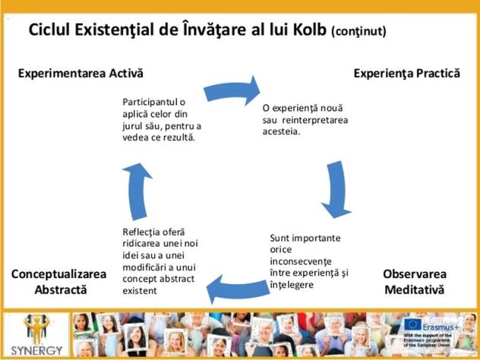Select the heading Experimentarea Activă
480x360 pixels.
81,73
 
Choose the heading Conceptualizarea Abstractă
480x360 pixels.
61,282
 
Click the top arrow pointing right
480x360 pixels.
232,88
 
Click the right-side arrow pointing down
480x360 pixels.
336,188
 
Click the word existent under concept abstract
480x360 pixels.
139,290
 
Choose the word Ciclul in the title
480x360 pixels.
50,30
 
